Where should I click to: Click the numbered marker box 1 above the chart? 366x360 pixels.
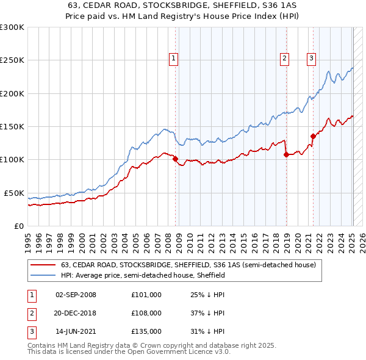[174, 59]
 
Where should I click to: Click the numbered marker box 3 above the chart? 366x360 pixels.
[311, 59]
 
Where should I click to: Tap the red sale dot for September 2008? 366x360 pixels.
[176, 159]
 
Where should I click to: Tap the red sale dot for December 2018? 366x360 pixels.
[286, 154]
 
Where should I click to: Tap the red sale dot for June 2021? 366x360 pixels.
[313, 136]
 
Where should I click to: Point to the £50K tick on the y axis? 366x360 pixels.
[14, 193]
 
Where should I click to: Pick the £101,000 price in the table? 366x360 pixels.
[146, 295]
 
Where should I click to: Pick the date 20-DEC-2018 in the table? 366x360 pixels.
[76, 313]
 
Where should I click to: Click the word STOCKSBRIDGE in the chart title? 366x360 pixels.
[143, 5]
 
